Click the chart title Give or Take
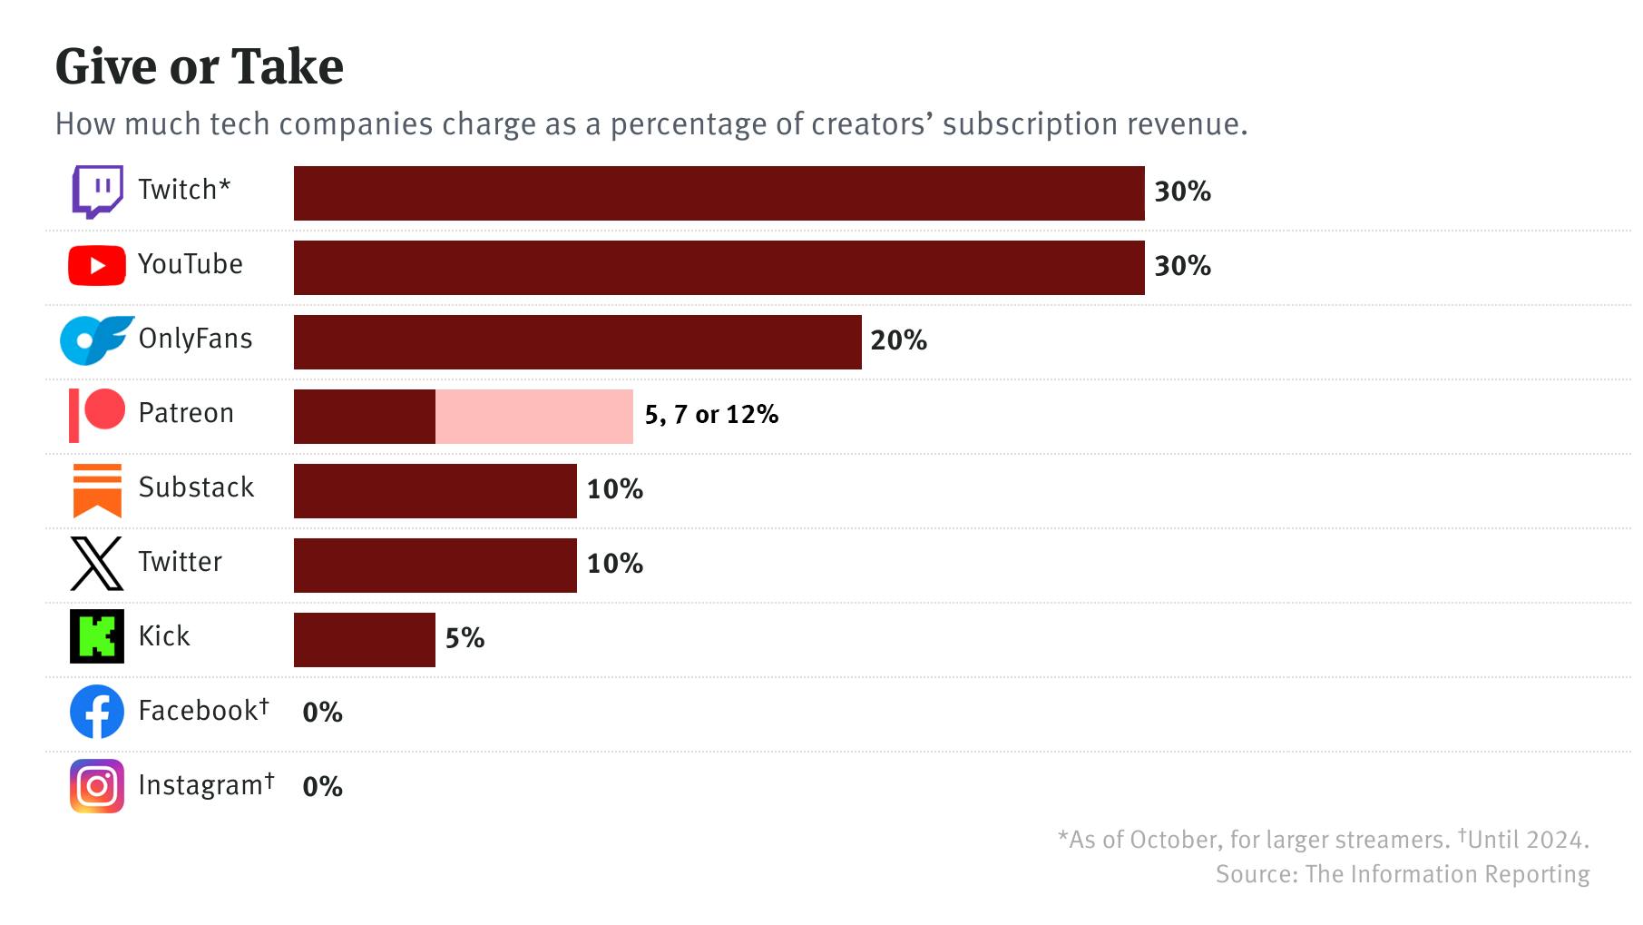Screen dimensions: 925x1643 tap(200, 66)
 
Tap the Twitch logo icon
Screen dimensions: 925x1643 tap(97, 191)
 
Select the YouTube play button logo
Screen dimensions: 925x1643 tap(96, 266)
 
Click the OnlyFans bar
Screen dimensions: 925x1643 tap(577, 342)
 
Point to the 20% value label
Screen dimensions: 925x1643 tap(898, 340)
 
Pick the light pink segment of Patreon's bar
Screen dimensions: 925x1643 tap(533, 417)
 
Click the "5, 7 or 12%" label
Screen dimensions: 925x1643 tap(711, 415)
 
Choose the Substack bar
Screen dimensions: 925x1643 tap(435, 491)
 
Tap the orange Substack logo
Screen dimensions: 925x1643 tap(97, 490)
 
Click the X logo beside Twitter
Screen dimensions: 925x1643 tap(96, 564)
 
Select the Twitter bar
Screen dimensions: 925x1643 tap(435, 566)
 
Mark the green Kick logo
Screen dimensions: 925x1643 tap(97, 636)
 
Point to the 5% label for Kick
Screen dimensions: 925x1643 tap(465, 638)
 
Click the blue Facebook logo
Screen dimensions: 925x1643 tap(97, 712)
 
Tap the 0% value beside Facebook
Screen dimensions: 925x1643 tap(322, 713)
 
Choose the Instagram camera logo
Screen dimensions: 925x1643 tap(97, 786)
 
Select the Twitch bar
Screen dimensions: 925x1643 tap(719, 193)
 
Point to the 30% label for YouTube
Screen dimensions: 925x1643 tap(1182, 266)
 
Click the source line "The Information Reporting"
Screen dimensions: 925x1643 tap(1402, 874)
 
